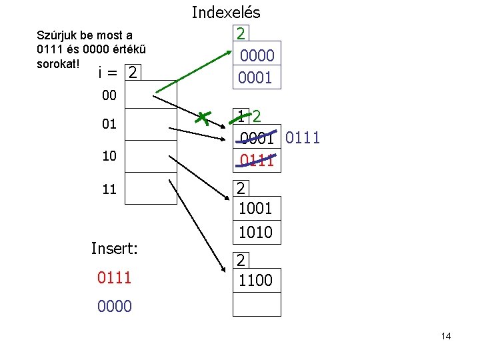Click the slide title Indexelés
[226, 12]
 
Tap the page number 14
[446, 336]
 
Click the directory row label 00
[109, 96]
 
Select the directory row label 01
[109, 124]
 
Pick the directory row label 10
[109, 156]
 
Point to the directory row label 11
[109, 189]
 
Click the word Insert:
[115, 249]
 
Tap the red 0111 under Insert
[115, 277]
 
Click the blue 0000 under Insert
[115, 306]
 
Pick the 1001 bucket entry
[256, 209]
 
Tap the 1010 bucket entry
[256, 232]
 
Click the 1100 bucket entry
[256, 280]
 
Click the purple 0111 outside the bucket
[303, 138]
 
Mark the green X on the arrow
[203, 118]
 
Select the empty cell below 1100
[257, 304]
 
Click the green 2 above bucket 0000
[241, 33]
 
